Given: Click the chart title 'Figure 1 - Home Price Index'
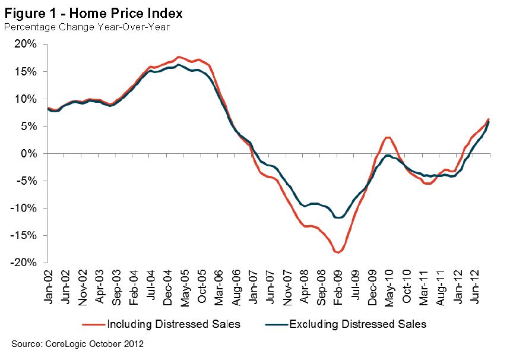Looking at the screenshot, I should tap(94, 12).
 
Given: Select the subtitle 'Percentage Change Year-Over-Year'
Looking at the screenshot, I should tap(87, 26).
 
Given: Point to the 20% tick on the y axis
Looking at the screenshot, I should tap(27, 45).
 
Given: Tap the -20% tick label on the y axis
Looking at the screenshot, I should tap(25, 263).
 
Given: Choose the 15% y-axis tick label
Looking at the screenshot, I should tap(27, 72).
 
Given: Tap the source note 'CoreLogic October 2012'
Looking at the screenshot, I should tap(78, 344).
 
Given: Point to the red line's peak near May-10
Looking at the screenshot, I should tap(387, 137).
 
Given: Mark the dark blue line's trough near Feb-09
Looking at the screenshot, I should tap(338, 218).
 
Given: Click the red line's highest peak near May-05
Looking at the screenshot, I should tap(179, 57).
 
